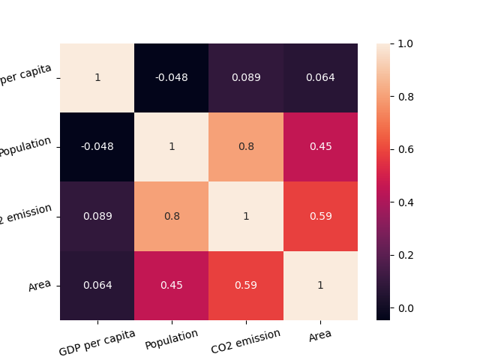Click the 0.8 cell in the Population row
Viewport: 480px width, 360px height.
(246, 146)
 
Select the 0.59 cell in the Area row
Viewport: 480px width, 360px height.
(246, 286)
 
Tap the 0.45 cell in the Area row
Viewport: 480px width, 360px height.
(171, 286)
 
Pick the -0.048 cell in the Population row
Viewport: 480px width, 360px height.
(97, 146)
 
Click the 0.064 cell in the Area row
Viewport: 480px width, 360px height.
(97, 286)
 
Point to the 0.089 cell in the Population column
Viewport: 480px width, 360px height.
(171, 217)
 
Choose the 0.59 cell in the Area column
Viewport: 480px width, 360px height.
(320, 217)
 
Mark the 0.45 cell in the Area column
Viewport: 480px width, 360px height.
(320, 146)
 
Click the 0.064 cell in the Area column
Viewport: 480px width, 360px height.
(320, 77)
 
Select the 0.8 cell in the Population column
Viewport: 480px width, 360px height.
(171, 217)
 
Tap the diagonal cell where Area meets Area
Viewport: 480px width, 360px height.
(320, 286)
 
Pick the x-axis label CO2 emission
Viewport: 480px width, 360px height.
(245, 339)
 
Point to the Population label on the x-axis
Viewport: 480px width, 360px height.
(172, 339)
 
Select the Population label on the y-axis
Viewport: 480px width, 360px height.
(25, 146)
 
